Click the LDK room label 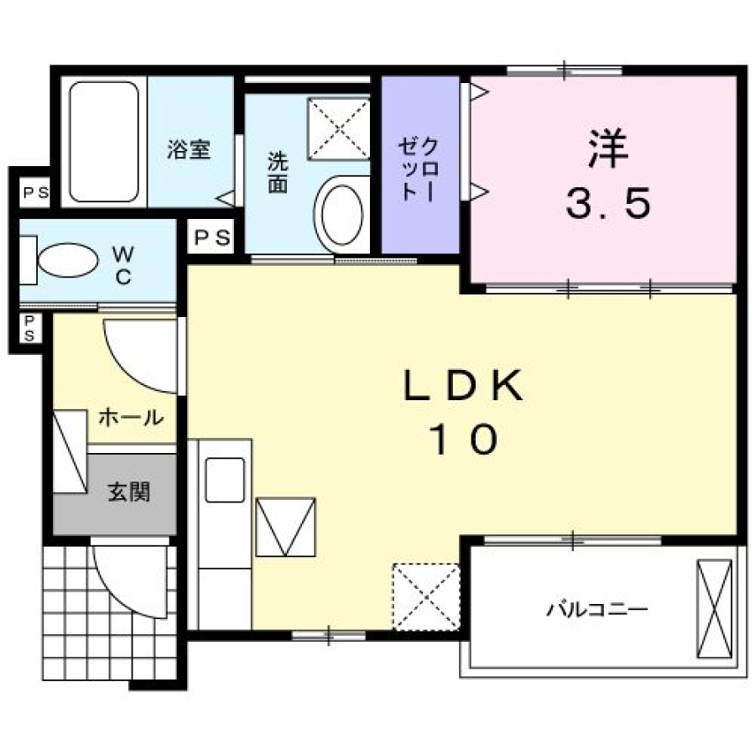pos(463,385)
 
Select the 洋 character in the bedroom pos(608,148)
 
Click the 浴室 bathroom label pos(189,149)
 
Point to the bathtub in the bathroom pos(104,142)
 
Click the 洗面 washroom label pos(278,172)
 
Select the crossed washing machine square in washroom pos(339,128)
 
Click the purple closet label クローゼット pos(419,169)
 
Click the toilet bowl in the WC pos(68,260)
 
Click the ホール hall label pos(132,417)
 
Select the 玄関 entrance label pos(128,492)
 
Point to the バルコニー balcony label pos(597,610)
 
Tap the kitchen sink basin pos(225,480)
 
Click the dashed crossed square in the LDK pos(426,597)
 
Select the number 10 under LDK pos(464,439)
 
